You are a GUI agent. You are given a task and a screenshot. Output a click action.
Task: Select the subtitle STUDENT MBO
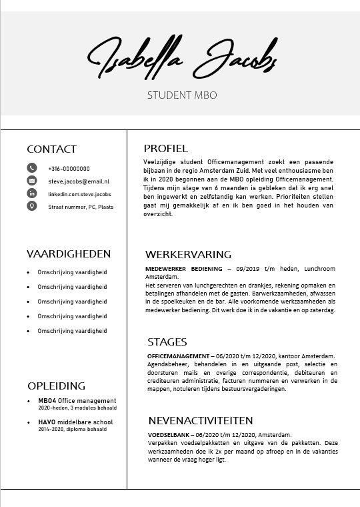pos(181,95)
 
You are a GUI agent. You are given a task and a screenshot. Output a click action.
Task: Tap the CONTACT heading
pos(51,149)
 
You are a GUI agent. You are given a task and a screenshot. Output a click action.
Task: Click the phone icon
pos(32,168)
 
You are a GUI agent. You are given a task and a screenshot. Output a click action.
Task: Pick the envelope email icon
pos(32,181)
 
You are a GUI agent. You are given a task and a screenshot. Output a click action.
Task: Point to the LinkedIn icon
pos(32,193)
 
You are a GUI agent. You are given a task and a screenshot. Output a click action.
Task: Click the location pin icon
pos(32,206)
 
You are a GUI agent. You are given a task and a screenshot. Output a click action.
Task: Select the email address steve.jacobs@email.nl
pos(78,181)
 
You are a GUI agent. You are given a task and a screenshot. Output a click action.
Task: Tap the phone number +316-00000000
pos(69,169)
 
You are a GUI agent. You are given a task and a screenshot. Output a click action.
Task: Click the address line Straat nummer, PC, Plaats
pos(81,207)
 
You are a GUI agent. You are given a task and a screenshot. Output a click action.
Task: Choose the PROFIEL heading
pos(166,148)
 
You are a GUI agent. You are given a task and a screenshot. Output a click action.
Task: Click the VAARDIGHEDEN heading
pos(69,254)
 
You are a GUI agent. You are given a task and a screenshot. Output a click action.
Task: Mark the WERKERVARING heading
pos(188,254)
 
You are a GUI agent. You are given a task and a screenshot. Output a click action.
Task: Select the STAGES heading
pos(167,342)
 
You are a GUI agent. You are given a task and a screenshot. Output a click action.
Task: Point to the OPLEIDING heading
pos(56,386)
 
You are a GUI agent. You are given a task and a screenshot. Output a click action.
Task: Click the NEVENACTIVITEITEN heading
pos(200,420)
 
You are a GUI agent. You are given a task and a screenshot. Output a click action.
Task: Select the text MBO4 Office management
pos(77,401)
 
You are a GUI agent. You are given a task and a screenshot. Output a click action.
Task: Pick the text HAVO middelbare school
pos(75,422)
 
